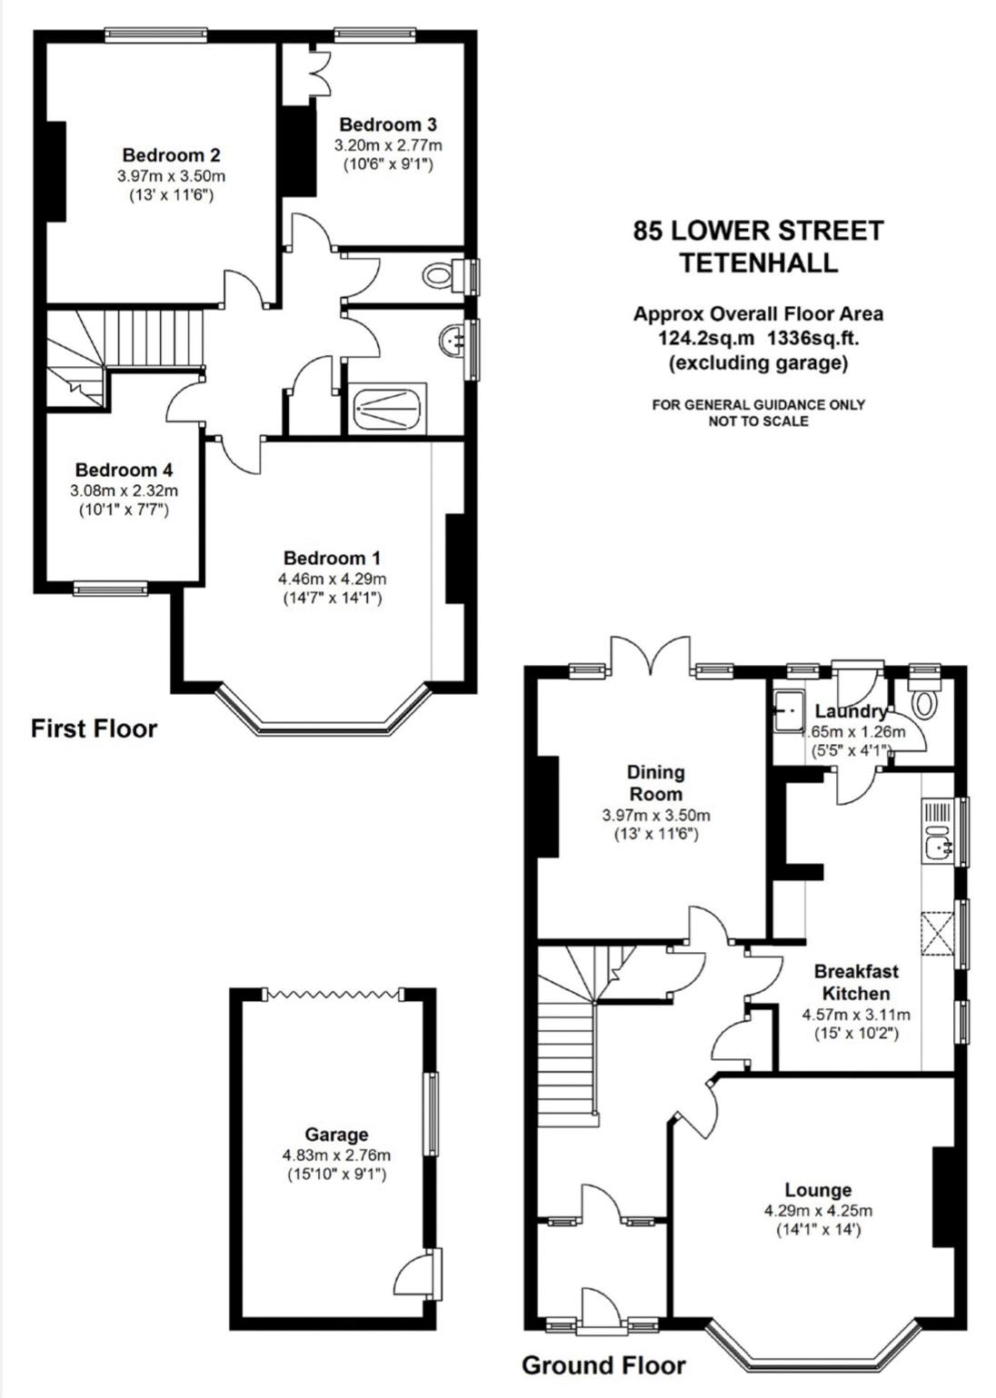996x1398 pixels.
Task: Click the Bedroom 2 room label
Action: click(x=171, y=154)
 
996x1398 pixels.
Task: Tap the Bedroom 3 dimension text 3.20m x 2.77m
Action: click(x=388, y=145)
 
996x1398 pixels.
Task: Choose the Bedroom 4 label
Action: click(x=124, y=470)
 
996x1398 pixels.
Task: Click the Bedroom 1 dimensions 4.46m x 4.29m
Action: click(x=333, y=579)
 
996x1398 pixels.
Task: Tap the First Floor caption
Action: click(x=95, y=729)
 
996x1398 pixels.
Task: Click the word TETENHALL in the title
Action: click(x=759, y=263)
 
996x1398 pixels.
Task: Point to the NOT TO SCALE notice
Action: click(x=758, y=421)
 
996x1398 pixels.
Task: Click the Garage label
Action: click(x=336, y=1134)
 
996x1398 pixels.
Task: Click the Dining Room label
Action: click(x=656, y=783)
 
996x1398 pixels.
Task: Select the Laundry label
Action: click(x=852, y=711)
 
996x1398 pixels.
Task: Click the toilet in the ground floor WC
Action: click(x=925, y=700)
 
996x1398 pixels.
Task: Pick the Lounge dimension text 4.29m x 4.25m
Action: click(x=818, y=1211)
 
